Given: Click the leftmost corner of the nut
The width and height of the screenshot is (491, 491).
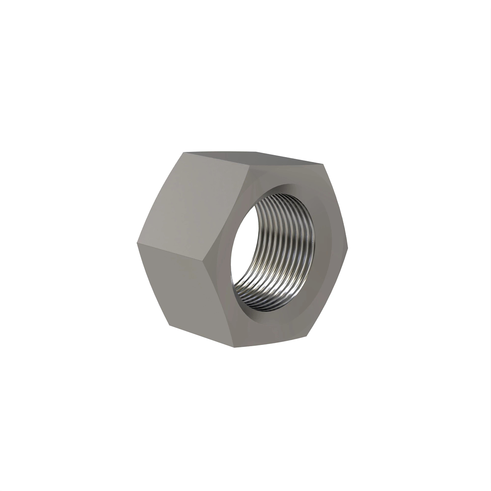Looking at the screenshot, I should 135,244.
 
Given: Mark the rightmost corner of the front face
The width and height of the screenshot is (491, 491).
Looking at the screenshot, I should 347,247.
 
